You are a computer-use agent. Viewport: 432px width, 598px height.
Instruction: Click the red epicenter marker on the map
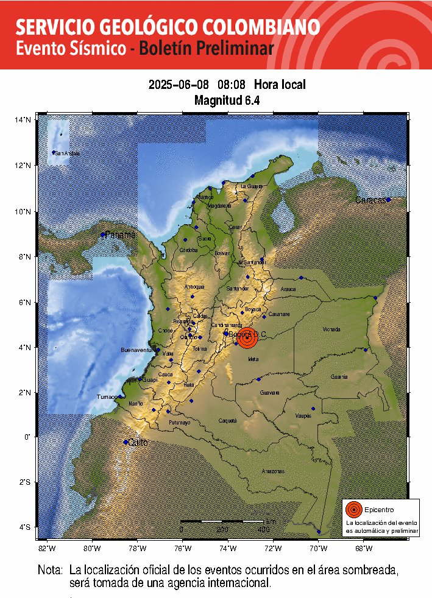tap(247, 337)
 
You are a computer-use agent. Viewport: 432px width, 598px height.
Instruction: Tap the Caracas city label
tap(370, 200)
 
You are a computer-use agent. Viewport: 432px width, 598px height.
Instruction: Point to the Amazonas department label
tap(273, 471)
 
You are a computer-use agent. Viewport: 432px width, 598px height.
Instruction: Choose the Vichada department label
tap(331, 329)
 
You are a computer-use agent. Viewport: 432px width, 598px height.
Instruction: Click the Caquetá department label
tap(227, 421)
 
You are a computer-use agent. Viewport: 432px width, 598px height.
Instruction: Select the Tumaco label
tap(107, 397)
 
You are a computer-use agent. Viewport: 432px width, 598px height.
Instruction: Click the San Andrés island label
tap(67, 153)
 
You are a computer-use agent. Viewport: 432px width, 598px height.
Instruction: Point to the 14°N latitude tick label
tap(23, 121)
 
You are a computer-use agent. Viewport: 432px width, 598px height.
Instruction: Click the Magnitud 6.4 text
tap(227, 100)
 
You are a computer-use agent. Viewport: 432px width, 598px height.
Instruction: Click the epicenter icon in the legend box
tap(353, 509)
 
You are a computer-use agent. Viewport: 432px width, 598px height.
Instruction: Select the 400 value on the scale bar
tap(263, 530)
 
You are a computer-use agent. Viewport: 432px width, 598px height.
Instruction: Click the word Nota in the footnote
tap(50, 571)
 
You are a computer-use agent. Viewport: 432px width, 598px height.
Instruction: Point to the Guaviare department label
tap(270, 393)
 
